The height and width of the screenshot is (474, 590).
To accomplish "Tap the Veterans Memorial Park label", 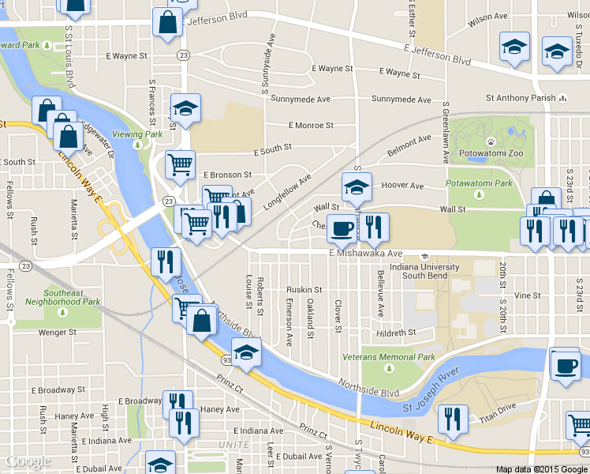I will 389,357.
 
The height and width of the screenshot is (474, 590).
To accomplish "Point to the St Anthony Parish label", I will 521,99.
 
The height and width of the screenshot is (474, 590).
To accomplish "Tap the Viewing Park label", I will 137,134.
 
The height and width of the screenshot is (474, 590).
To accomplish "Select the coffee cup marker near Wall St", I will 342,228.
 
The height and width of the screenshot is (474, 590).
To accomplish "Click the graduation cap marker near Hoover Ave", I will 357,187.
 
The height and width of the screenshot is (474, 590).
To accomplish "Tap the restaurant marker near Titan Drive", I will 453,418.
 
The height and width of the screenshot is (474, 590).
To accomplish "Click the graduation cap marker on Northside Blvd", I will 246,352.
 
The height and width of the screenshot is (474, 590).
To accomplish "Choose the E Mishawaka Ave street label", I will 365,254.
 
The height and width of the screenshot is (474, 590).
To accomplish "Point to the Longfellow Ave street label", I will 288,190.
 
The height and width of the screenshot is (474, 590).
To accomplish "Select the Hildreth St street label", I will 401,333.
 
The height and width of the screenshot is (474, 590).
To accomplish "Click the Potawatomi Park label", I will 480,182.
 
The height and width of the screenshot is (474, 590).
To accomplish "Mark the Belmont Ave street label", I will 409,145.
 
